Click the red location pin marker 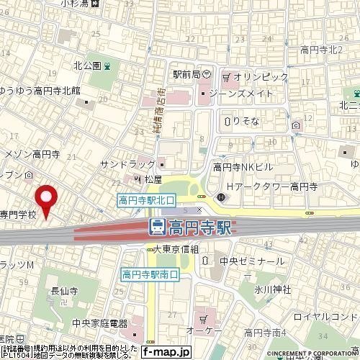(48, 199)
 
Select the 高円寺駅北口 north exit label (146, 201)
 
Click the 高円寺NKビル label (243, 167)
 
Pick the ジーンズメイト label (240, 94)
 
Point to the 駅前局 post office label (186, 73)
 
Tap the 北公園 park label (86, 66)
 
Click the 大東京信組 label (180, 248)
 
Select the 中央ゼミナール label (252, 261)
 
